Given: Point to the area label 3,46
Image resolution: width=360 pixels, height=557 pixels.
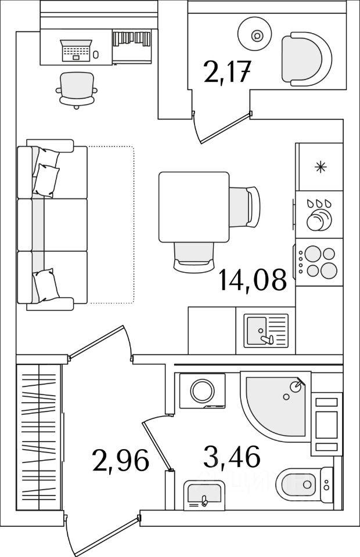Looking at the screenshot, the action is coord(231,457).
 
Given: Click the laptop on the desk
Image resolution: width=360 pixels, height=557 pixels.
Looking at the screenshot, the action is coord(76,50).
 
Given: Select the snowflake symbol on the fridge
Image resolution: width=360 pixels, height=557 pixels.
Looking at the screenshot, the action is coord(319,167).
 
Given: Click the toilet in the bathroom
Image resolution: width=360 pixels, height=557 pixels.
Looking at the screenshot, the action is coord(298,484).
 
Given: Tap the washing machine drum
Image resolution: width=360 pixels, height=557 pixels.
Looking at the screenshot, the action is coord(202,390).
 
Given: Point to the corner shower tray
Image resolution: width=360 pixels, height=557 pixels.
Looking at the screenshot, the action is coord(273,403).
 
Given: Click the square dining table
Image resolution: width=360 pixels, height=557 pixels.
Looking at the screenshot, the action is coord(194,207).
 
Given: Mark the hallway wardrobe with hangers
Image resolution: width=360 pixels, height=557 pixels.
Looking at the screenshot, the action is coord(38,438).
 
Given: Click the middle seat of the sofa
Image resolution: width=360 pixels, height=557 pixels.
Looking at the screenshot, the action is coord(52,225).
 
